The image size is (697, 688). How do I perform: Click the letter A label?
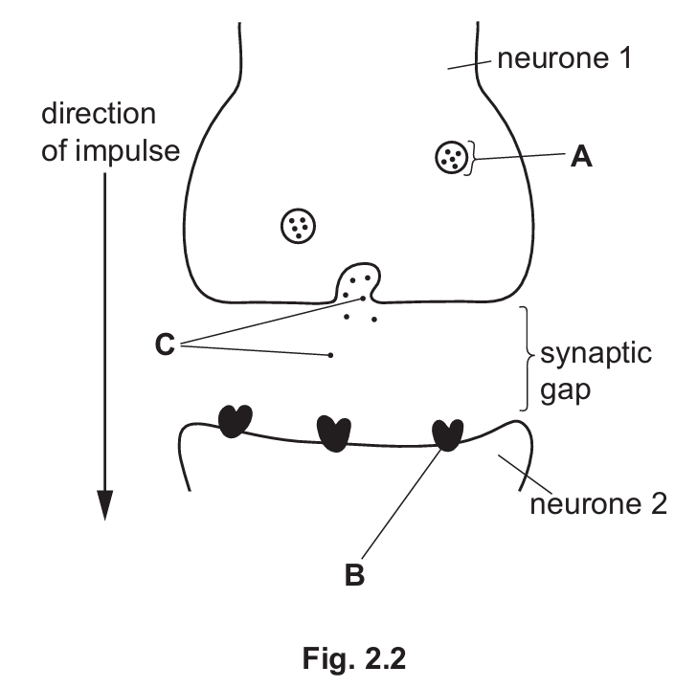pos(580,157)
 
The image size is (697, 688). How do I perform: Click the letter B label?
pos(355,577)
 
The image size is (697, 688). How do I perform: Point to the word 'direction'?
pos(98,115)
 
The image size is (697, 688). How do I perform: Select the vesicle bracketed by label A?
pos(450,157)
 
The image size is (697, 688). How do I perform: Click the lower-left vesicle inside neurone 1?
pos(298,225)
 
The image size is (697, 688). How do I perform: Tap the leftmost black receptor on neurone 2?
pos(236,421)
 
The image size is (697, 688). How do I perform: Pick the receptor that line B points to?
pos(447,434)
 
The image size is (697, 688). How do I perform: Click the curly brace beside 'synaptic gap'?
pos(526,358)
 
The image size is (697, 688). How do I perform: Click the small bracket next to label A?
pos(471,157)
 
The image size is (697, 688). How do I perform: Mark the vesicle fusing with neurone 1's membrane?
pos(359,282)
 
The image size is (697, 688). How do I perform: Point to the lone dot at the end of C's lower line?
pos(330,356)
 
